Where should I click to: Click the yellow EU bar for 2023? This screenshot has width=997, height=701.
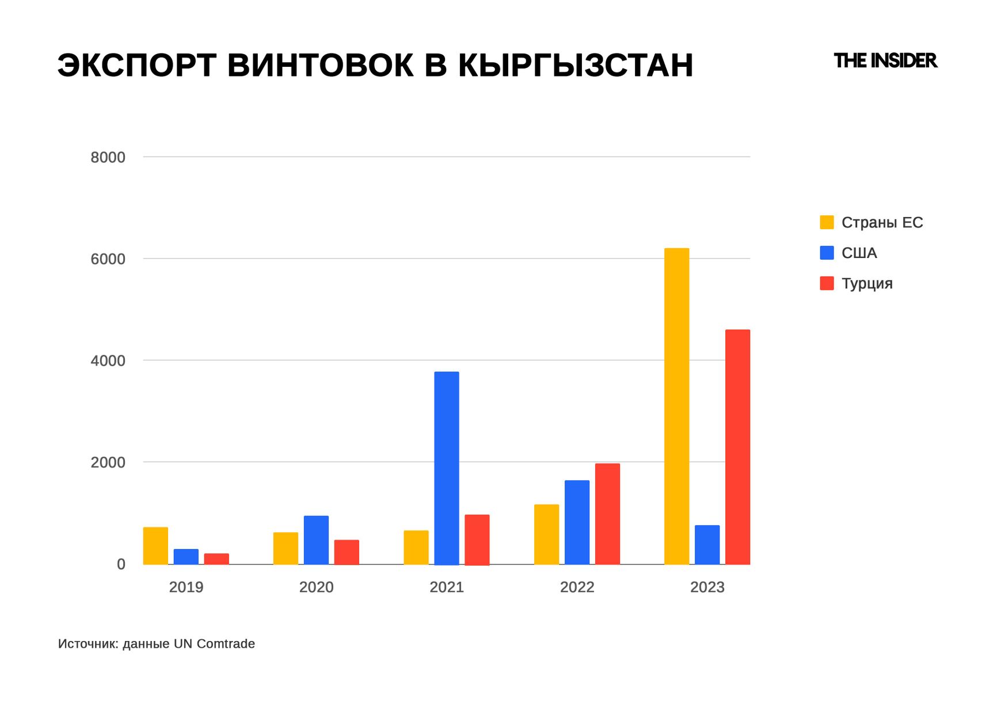[x=676, y=406]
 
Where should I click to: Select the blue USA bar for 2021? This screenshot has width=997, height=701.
[x=446, y=468]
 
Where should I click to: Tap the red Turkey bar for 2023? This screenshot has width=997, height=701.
[x=737, y=447]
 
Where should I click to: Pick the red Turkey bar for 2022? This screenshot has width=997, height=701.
[x=607, y=514]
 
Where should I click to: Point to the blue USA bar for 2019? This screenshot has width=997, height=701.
[x=186, y=556]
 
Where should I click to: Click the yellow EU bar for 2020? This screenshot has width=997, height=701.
[x=286, y=548]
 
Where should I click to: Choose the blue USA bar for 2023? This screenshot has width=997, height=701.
[x=707, y=544]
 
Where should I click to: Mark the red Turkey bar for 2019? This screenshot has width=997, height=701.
[x=216, y=559]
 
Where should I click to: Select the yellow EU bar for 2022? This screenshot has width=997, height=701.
[x=546, y=535]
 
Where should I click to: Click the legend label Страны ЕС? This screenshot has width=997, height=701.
[x=882, y=222]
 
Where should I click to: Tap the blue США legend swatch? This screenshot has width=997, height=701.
[x=827, y=253]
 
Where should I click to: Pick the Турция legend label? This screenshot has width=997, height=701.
[x=867, y=283]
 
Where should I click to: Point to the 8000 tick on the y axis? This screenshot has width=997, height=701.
[x=108, y=157]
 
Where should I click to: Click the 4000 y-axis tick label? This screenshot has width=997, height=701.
[x=108, y=361]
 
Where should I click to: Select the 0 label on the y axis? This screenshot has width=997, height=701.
[x=121, y=564]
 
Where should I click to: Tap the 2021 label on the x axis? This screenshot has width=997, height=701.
[x=447, y=587]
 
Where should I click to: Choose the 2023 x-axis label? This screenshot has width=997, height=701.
[x=707, y=587]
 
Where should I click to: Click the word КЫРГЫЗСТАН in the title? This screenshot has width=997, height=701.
[x=575, y=65]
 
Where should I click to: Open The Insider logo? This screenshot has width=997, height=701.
[x=885, y=60]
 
